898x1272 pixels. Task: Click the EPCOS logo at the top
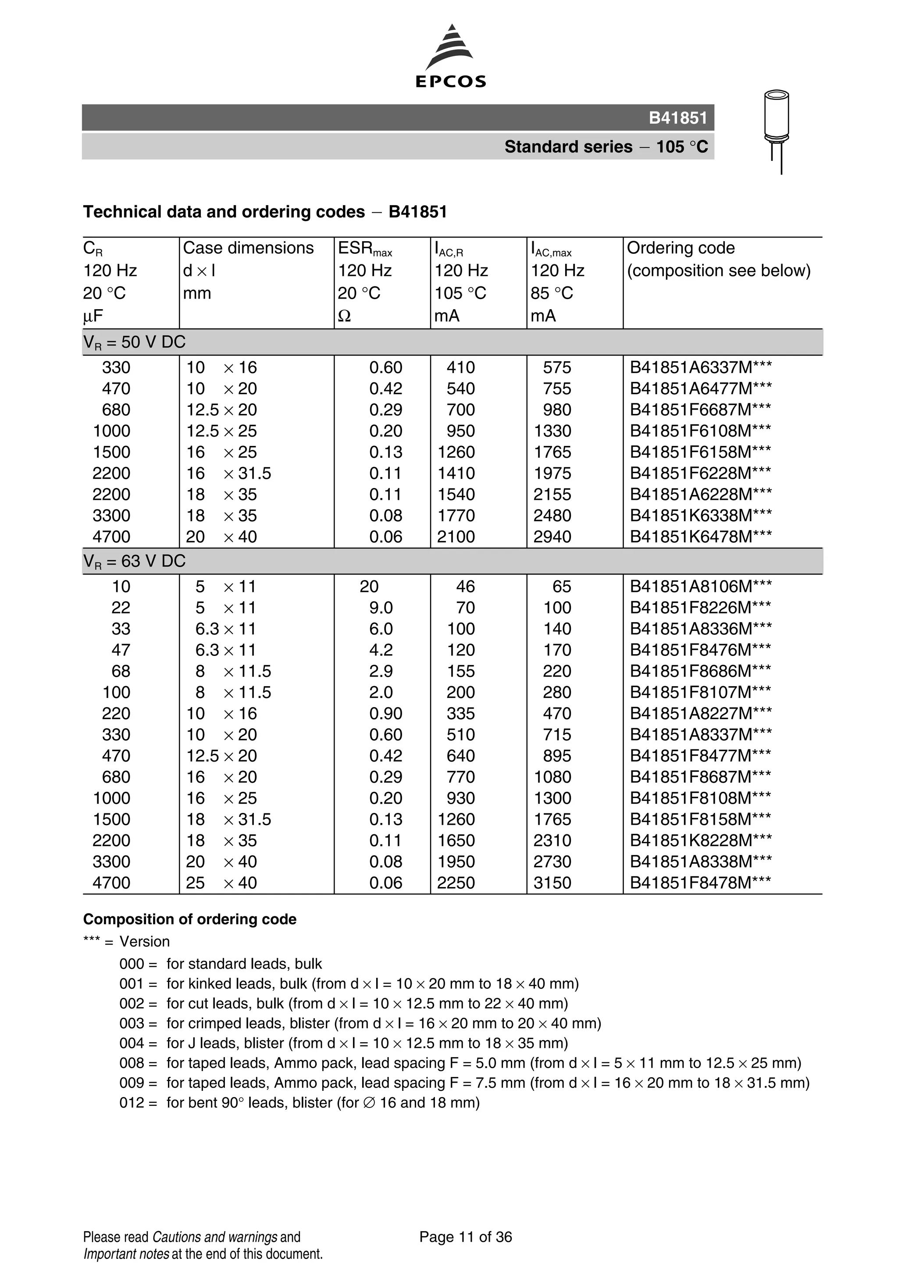[450, 57]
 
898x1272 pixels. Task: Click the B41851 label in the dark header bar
[677, 118]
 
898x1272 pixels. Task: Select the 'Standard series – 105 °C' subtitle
[606, 147]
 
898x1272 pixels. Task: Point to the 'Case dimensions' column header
[248, 248]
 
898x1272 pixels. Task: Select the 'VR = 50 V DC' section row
[135, 342]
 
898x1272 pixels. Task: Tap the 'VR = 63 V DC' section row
[135, 561]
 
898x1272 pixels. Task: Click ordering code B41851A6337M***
[700, 367]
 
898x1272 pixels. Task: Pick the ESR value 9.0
[381, 608]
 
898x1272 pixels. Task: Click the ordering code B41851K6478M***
[700, 536]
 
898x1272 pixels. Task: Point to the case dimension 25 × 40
[221, 883]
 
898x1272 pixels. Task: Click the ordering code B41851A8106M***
[700, 586]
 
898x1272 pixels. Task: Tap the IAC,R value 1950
[456, 862]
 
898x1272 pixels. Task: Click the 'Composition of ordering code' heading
[189, 919]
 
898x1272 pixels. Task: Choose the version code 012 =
[138, 1102]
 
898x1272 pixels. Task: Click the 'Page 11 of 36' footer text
[465, 1236]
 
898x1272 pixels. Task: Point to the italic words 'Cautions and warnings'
[214, 1236]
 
